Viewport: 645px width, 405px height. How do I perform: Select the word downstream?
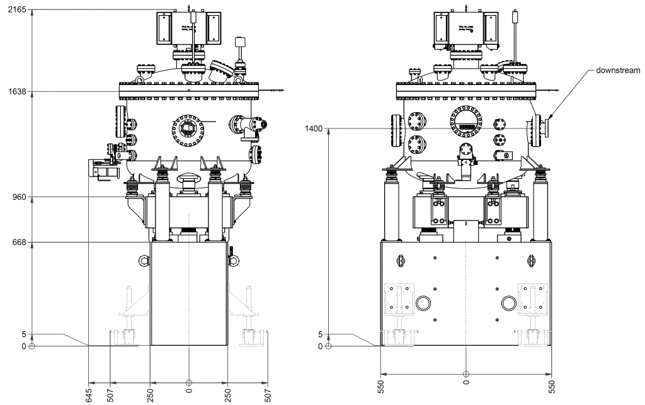(618, 71)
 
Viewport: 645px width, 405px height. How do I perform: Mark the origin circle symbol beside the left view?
(31, 346)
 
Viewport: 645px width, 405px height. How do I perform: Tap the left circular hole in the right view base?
(423, 304)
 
